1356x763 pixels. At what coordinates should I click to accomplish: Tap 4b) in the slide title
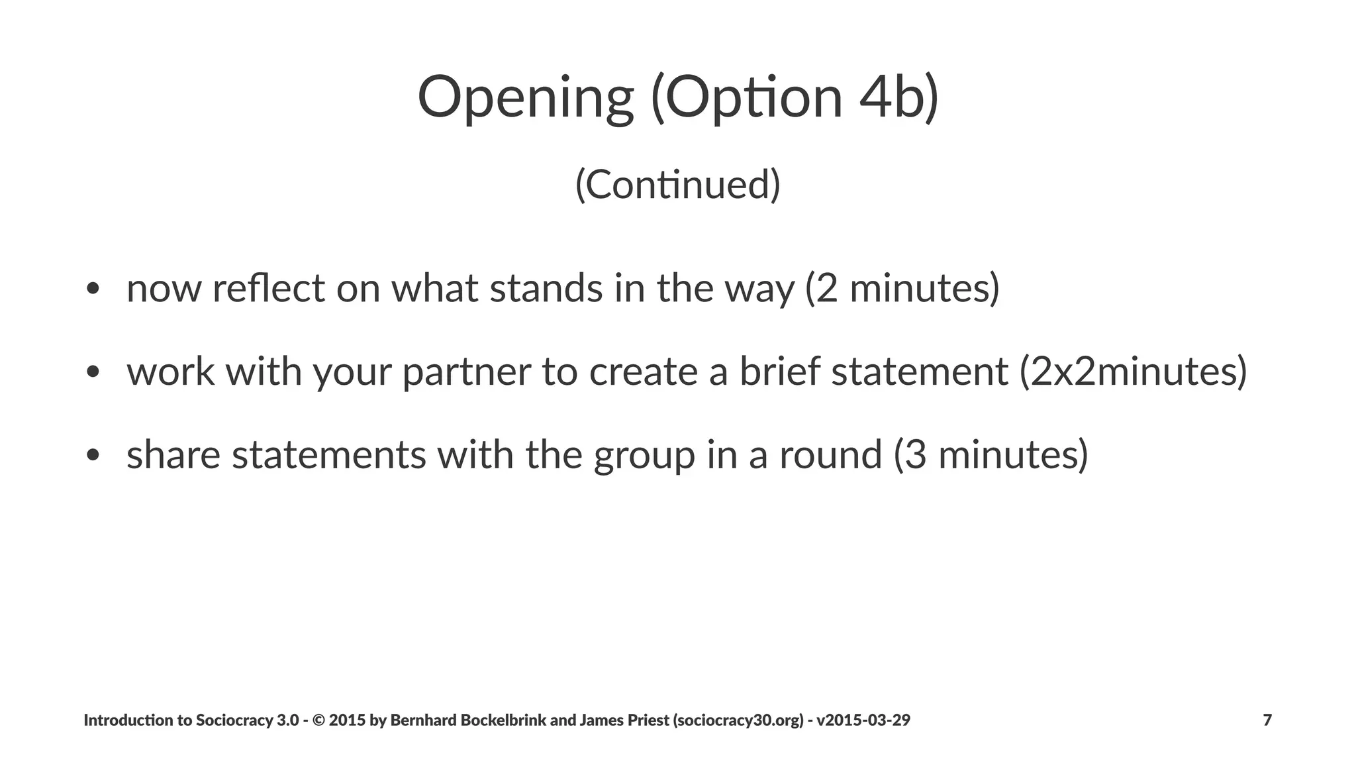click(898, 98)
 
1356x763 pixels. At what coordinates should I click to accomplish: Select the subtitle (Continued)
click(677, 184)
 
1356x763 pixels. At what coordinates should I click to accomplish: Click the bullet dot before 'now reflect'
click(93, 289)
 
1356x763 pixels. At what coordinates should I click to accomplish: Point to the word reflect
click(269, 289)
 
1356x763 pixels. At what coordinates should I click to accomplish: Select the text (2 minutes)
click(902, 289)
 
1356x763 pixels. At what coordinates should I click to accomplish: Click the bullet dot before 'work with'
click(93, 372)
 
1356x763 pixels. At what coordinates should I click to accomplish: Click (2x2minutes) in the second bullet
click(1133, 372)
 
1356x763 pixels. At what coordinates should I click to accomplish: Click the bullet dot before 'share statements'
click(93, 456)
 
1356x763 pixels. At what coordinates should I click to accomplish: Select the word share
click(173, 456)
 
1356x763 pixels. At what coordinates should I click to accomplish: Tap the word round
click(830, 456)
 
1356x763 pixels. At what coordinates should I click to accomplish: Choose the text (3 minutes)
click(991, 456)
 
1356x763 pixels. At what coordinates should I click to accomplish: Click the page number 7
click(1267, 720)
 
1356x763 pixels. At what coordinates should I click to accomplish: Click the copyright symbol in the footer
click(317, 720)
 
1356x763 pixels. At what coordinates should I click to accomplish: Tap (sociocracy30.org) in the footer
click(738, 720)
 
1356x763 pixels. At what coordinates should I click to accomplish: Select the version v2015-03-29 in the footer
click(863, 720)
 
